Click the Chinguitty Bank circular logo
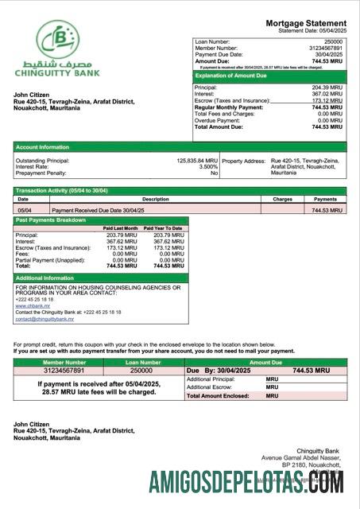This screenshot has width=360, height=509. pos(57,39)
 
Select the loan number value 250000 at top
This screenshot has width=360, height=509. pos(333,41)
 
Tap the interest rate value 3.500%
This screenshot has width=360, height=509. pos(207,166)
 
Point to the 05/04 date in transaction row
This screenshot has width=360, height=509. pos(24,210)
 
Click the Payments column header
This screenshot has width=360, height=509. pos(325,200)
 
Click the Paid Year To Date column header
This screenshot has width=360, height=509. pos(164,228)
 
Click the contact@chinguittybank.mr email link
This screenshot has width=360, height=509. pos(44,319)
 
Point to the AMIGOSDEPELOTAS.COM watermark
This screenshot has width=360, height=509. pos(246,482)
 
